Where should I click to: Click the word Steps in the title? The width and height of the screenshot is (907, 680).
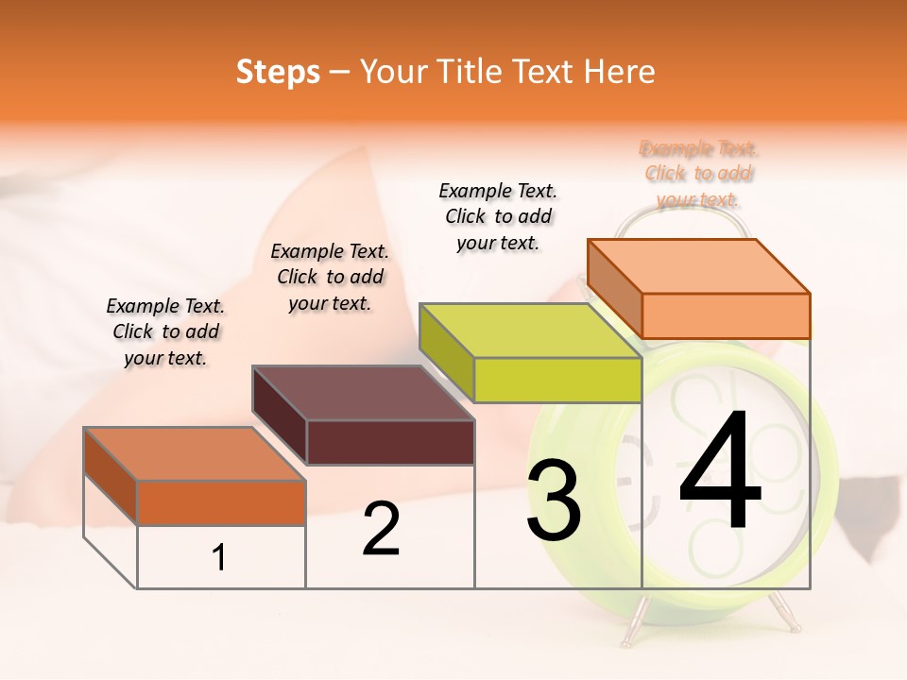tap(278, 72)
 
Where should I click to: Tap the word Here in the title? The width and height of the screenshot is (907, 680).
tap(620, 72)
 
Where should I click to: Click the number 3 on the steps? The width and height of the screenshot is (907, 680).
tap(554, 501)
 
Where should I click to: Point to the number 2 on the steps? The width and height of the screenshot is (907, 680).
tap(381, 529)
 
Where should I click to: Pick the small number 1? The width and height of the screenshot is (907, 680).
tap(219, 557)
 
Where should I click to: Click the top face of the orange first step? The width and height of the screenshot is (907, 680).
tap(194, 453)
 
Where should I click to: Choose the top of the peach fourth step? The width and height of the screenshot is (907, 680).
tap(699, 266)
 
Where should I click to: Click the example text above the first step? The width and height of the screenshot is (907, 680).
tap(165, 331)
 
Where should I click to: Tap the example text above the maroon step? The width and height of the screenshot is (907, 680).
tap(330, 277)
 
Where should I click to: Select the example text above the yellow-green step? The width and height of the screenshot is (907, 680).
tap(498, 216)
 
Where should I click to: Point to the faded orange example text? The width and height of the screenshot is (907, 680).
tap(699, 174)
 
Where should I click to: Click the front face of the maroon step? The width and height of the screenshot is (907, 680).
tap(390, 442)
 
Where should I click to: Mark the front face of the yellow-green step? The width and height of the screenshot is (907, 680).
tap(557, 381)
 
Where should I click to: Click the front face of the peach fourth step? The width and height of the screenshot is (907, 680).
tap(726, 315)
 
